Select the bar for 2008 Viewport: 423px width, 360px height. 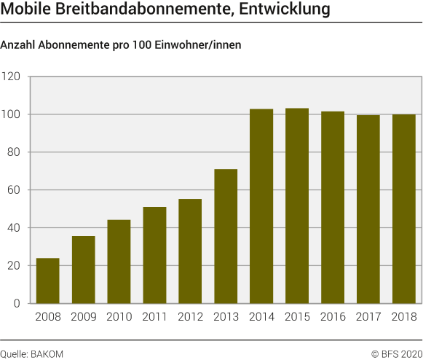tap(48, 281)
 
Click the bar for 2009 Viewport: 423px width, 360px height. tap(84, 270)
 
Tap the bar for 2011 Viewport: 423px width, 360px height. tap(154, 255)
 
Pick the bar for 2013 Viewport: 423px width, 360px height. tap(226, 236)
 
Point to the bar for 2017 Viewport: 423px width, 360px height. tap(368, 209)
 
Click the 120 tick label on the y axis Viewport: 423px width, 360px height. tap(12, 77)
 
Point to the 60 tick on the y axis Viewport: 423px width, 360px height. tap(15, 190)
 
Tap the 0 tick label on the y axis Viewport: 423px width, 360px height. tap(17, 304)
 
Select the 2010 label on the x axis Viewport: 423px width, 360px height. tap(119, 318)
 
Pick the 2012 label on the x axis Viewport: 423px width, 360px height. tap(190, 318)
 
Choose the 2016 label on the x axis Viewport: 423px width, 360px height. tap(333, 318)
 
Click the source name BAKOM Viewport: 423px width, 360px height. tap(47, 353)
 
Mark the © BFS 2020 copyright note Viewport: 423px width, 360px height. tap(396, 353)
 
